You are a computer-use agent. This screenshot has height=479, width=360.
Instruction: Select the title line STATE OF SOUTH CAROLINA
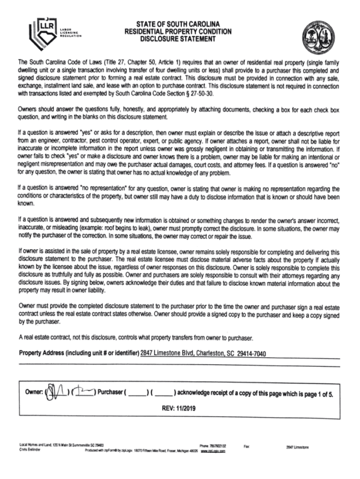pyautogui.click(x=178, y=24)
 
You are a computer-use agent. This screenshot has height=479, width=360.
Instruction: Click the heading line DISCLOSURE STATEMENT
pyautogui.click(x=178, y=39)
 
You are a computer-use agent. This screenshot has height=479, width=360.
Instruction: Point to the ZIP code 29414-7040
pyautogui.click(x=252, y=353)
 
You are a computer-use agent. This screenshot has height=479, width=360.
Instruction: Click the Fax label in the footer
pyautogui.click(x=246, y=447)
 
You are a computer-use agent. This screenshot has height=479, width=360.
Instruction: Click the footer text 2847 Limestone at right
pyautogui.click(x=297, y=447)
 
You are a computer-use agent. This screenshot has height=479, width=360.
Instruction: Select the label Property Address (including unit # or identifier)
pyautogui.click(x=79, y=353)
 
